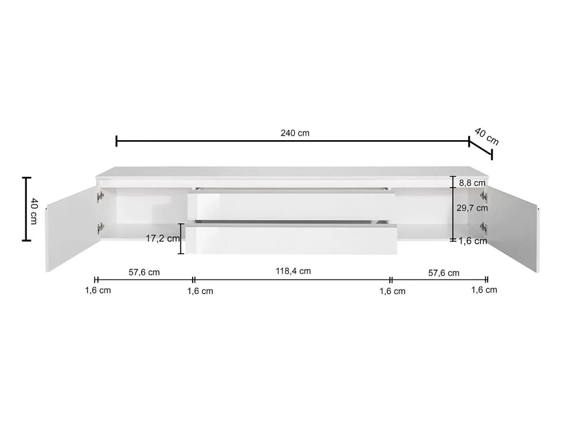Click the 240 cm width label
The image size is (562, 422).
click(295, 133)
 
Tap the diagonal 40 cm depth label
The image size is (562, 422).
click(486, 137)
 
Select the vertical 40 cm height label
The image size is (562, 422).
click(34, 211)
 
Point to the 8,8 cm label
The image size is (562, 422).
click(472, 183)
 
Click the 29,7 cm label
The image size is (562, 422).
click(472, 208)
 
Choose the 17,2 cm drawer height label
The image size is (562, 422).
click(162, 238)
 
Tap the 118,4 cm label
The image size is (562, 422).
click(293, 271)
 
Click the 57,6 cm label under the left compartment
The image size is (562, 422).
click(144, 272)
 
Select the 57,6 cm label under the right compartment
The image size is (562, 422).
click(444, 273)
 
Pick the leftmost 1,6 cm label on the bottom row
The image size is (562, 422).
click(98, 291)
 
